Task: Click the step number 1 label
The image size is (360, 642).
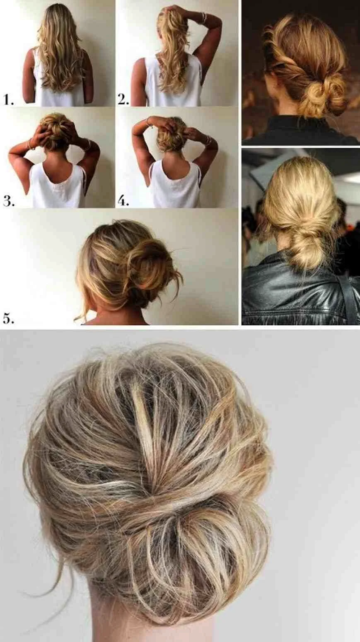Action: tap(9, 100)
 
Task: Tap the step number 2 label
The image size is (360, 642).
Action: tap(123, 99)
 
